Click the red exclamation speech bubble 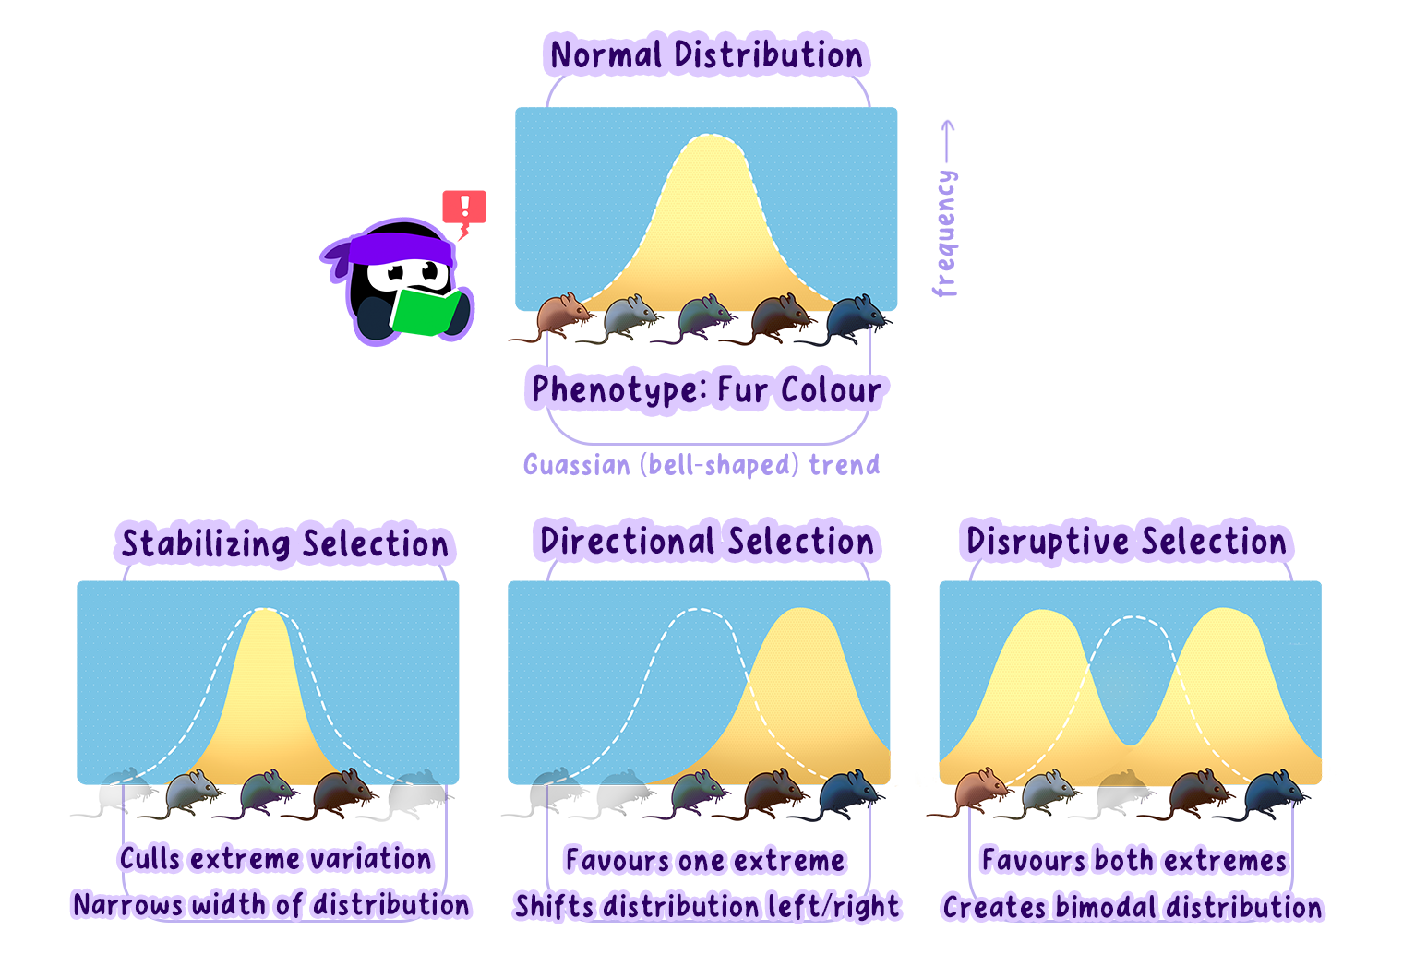pos(464,208)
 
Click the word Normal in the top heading pos(606,55)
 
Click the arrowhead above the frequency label pos(947,125)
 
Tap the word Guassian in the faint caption pos(576,464)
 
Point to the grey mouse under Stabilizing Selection pos(194,793)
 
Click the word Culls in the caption pos(150,859)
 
